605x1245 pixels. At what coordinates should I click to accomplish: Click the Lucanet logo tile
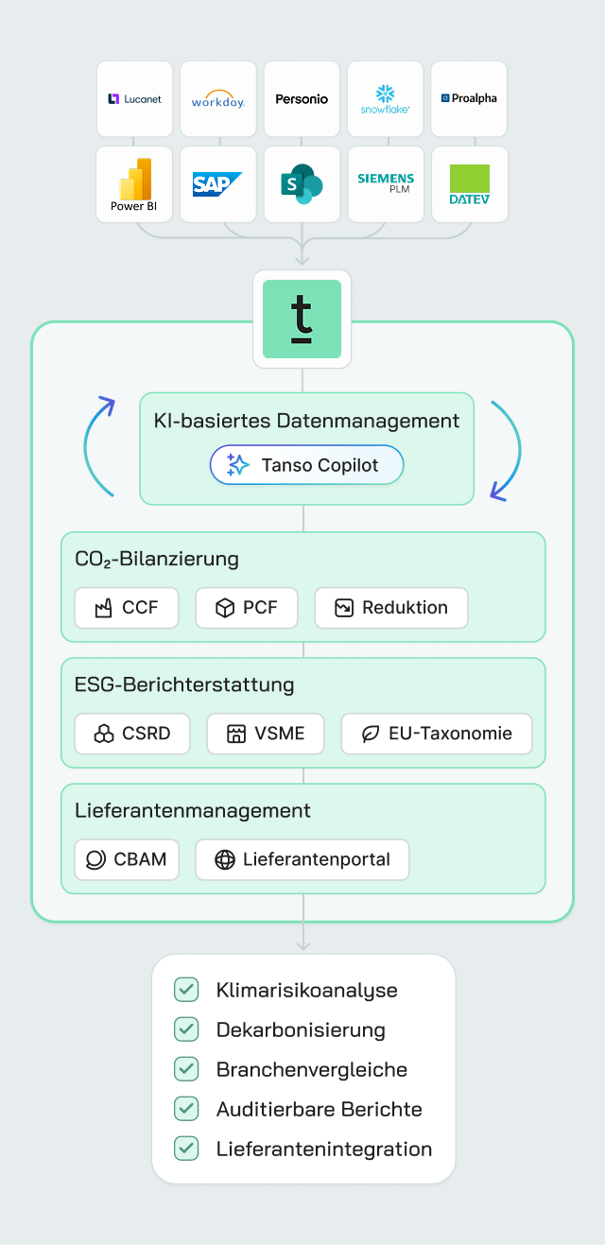[x=134, y=98]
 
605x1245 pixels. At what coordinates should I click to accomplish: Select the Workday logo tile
[x=217, y=98]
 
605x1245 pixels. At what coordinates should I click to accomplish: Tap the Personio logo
[x=302, y=98]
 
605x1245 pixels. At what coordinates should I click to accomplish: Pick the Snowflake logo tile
[x=385, y=98]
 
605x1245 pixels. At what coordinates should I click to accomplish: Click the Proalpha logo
[x=469, y=98]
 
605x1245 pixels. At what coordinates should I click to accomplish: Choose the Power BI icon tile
[x=134, y=183]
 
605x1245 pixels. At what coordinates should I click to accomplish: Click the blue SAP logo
[x=217, y=183]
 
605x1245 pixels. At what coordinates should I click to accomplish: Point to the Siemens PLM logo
[x=385, y=182]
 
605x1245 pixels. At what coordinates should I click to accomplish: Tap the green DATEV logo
[x=469, y=183]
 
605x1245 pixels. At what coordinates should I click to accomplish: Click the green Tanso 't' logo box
[x=302, y=319]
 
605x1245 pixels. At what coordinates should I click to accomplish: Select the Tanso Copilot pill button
[x=306, y=465]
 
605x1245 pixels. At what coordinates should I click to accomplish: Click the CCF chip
[x=127, y=608]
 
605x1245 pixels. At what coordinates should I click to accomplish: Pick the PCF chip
[x=247, y=608]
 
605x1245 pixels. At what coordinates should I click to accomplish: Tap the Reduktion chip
[x=391, y=608]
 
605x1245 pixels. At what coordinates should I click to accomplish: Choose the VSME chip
[x=266, y=733]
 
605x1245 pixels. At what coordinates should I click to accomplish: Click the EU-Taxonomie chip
[x=437, y=733]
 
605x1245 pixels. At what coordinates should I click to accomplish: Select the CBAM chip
[x=127, y=859]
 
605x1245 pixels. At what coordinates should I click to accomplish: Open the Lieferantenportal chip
[x=302, y=859]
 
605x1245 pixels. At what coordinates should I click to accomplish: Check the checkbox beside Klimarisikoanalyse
[x=186, y=990]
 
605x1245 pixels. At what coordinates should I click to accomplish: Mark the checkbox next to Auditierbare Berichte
[x=186, y=1109]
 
